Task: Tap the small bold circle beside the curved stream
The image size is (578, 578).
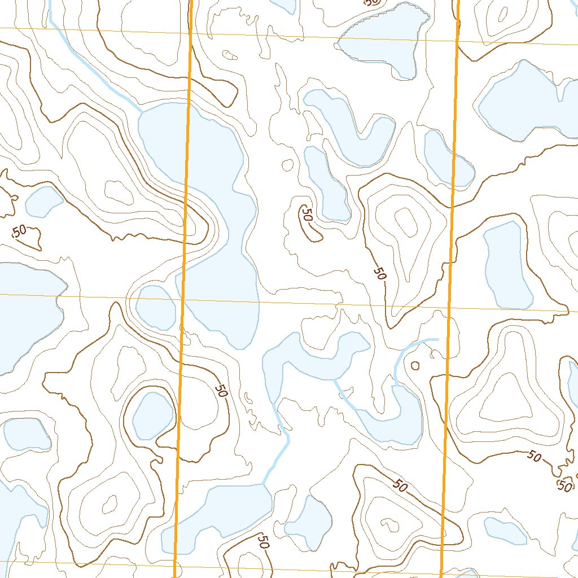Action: (415, 365)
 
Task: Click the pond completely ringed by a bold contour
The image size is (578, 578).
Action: (152, 415)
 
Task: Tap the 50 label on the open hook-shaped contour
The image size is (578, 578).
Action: (308, 215)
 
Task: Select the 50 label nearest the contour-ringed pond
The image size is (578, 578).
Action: (221, 390)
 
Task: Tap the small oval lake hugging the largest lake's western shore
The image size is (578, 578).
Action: (155, 308)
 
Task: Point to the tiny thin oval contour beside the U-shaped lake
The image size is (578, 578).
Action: (287, 165)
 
